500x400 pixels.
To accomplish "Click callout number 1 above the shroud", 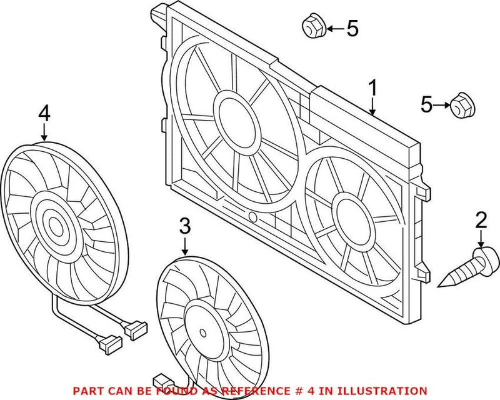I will point(372,89).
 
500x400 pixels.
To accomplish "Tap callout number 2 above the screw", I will point(481,220).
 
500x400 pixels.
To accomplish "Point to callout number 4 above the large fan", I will point(43,113).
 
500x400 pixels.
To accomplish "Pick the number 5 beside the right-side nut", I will point(426,105).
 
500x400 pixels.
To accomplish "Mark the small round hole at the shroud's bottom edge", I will point(252,217).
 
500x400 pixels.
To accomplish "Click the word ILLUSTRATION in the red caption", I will point(387,390).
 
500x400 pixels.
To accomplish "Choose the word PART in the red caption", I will point(87,390).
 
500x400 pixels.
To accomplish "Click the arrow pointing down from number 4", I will point(43,131).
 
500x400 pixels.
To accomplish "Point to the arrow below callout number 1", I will point(372,108).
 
